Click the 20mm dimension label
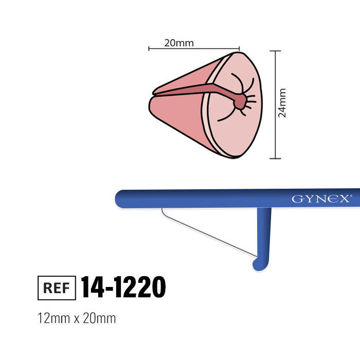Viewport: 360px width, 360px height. [179, 43]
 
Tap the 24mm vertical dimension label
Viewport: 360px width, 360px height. [282, 103]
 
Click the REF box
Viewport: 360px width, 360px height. [57, 288]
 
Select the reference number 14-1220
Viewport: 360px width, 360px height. [123, 287]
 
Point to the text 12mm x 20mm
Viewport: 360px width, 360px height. [77, 318]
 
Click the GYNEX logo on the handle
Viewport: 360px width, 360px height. [320, 199]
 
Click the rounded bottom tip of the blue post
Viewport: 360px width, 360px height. [259, 266]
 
